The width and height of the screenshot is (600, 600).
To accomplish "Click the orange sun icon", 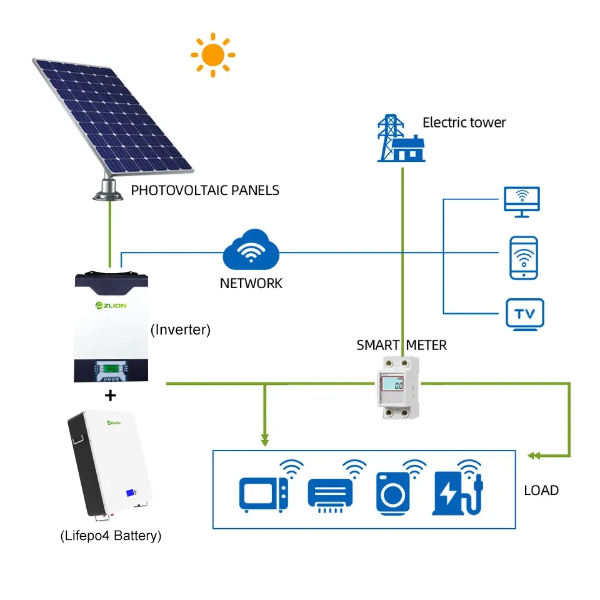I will point(212,55).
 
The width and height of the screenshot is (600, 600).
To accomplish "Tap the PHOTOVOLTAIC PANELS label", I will point(205,191).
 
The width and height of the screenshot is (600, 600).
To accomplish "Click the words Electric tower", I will point(464,122).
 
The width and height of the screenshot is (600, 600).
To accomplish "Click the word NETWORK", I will point(251,283).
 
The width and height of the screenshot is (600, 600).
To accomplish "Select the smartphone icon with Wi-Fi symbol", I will point(523,257).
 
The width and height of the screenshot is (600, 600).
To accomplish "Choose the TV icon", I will point(524,314).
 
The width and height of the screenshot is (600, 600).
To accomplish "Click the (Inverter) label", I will point(181,329).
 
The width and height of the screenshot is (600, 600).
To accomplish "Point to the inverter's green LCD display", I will point(111,366).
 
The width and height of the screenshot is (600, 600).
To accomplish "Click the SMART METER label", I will point(401,345).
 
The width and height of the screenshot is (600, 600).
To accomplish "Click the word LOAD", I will point(541,491).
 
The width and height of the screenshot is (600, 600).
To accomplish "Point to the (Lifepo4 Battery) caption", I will point(111,536).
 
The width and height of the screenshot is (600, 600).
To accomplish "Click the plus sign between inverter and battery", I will point(111,396).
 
